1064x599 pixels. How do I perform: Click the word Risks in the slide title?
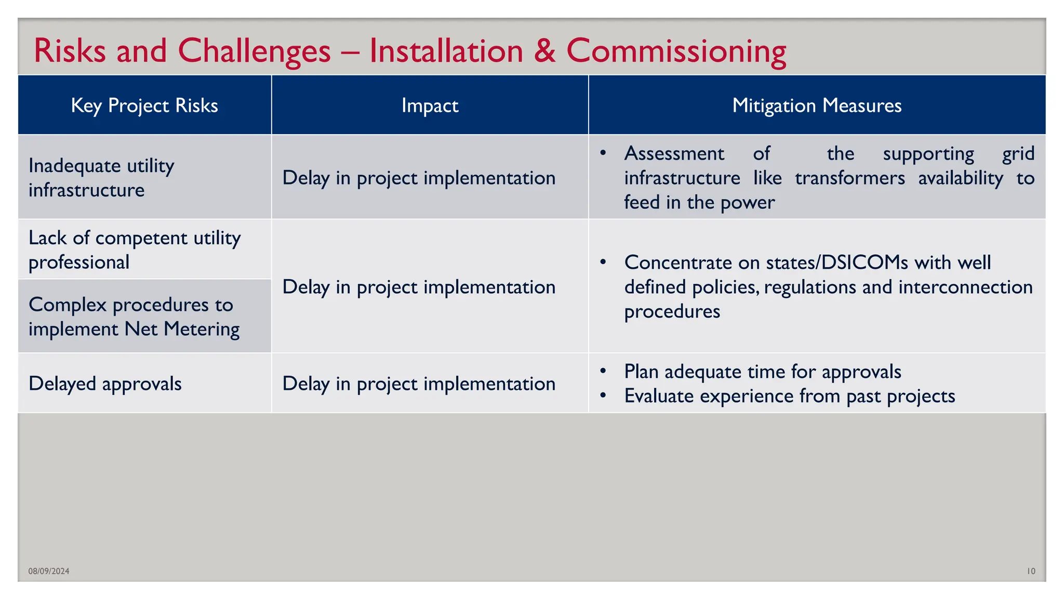click(x=70, y=51)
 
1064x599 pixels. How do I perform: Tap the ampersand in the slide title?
click(x=544, y=51)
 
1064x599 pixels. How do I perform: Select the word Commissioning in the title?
click(x=676, y=52)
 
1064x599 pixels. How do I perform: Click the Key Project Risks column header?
click(x=144, y=106)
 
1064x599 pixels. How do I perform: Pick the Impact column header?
click(x=430, y=106)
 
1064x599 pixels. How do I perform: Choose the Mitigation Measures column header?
click(x=817, y=106)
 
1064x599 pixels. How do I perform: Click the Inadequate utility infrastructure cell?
click(x=101, y=178)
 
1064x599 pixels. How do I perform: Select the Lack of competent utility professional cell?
click(x=134, y=250)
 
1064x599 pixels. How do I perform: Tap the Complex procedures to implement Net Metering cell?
click(x=134, y=317)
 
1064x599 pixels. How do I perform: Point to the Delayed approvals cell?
click(x=105, y=384)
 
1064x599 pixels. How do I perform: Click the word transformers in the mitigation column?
click(x=850, y=178)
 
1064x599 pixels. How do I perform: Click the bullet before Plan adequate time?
click(x=603, y=371)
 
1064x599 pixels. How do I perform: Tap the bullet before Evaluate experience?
click(x=603, y=396)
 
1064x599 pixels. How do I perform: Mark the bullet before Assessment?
click(x=603, y=153)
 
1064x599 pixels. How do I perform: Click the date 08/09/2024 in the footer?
click(x=49, y=571)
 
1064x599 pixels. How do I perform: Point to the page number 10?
click(x=1031, y=571)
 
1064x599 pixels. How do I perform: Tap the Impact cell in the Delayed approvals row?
click(x=419, y=384)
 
